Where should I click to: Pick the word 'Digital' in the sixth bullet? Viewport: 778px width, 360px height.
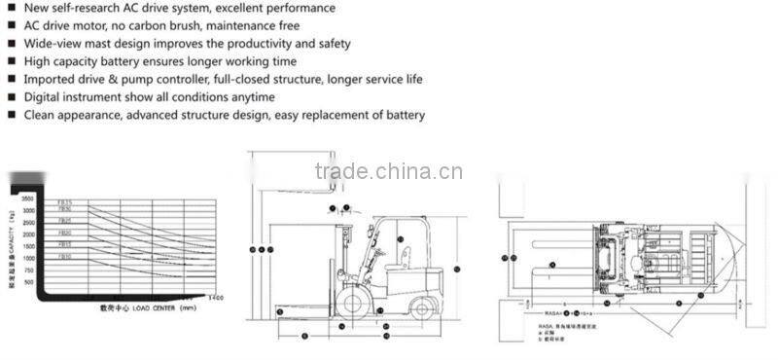[43, 97]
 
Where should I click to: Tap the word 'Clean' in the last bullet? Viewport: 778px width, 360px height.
[41, 115]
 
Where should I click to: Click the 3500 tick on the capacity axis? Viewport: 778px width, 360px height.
[27, 198]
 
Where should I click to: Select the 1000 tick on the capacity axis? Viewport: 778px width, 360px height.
[27, 258]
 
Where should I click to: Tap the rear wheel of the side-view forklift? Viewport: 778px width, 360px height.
[420, 307]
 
